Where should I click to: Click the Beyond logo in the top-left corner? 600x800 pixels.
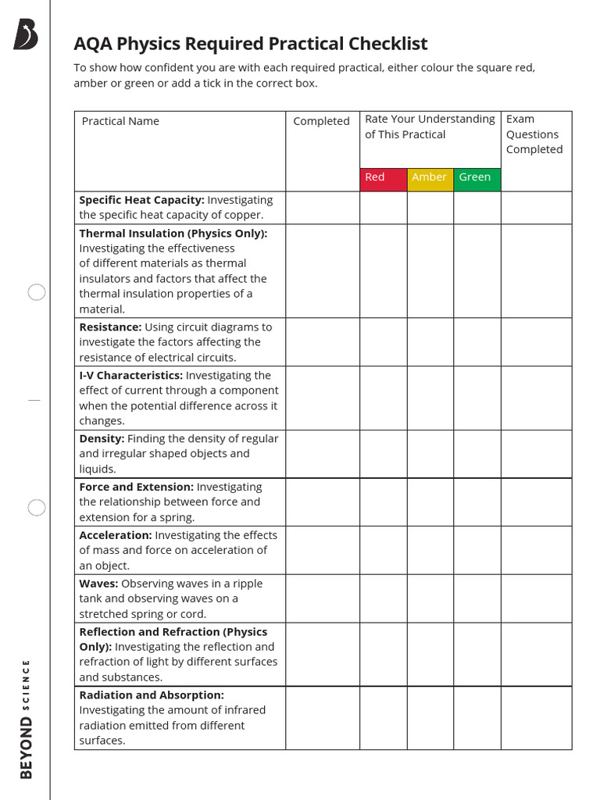pyautogui.click(x=26, y=35)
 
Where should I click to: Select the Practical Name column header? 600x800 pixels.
pyautogui.click(x=120, y=121)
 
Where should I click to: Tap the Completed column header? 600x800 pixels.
pyautogui.click(x=321, y=121)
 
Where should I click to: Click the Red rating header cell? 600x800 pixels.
pyautogui.click(x=383, y=177)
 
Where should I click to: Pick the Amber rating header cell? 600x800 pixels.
pyautogui.click(x=430, y=177)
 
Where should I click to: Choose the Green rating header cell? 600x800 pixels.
pyautogui.click(x=477, y=177)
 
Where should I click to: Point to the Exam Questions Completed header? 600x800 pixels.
pyautogui.click(x=534, y=134)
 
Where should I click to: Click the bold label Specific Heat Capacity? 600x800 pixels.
pyautogui.click(x=141, y=200)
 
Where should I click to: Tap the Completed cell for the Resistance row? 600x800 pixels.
pyautogui.click(x=322, y=342)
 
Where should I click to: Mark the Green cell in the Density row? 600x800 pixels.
pyautogui.click(x=477, y=454)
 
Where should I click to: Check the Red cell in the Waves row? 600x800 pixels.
pyautogui.click(x=383, y=598)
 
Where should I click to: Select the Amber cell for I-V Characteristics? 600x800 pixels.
pyautogui.click(x=430, y=398)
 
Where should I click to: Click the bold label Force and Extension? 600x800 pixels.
pyautogui.click(x=137, y=487)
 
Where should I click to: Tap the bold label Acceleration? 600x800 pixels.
pyautogui.click(x=116, y=535)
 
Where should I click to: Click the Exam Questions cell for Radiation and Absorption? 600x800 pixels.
pyautogui.click(x=536, y=718)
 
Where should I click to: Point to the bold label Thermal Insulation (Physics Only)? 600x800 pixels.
pyautogui.click(x=173, y=233)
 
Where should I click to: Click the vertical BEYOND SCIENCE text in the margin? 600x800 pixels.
pyautogui.click(x=27, y=719)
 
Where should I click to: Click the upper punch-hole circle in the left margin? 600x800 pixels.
pyautogui.click(x=37, y=293)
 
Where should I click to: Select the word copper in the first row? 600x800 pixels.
pyautogui.click(x=243, y=215)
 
